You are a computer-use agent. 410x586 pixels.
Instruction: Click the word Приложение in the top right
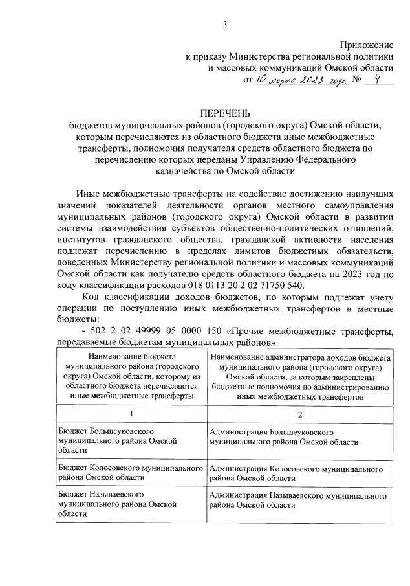pyautogui.click(x=367, y=44)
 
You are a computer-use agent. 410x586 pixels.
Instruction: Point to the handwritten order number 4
pyautogui.click(x=373, y=80)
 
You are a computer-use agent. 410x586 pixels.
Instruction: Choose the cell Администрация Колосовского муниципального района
pyautogui.click(x=299, y=472)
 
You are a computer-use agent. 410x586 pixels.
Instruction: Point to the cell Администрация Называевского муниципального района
pyautogui.click(x=299, y=499)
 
